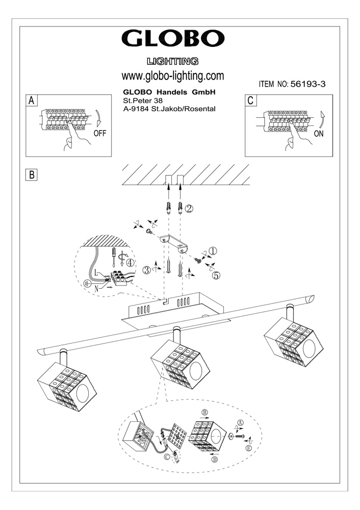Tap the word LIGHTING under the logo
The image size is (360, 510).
(x=172, y=62)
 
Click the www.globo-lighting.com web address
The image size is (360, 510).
(x=173, y=75)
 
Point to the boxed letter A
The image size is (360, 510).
(x=32, y=100)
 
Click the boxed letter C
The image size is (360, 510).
(x=250, y=100)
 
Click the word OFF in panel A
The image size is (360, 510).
(x=101, y=134)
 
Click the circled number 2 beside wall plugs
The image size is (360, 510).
(x=189, y=208)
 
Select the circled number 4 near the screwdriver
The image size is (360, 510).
(x=131, y=263)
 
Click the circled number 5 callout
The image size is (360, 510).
(x=216, y=275)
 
